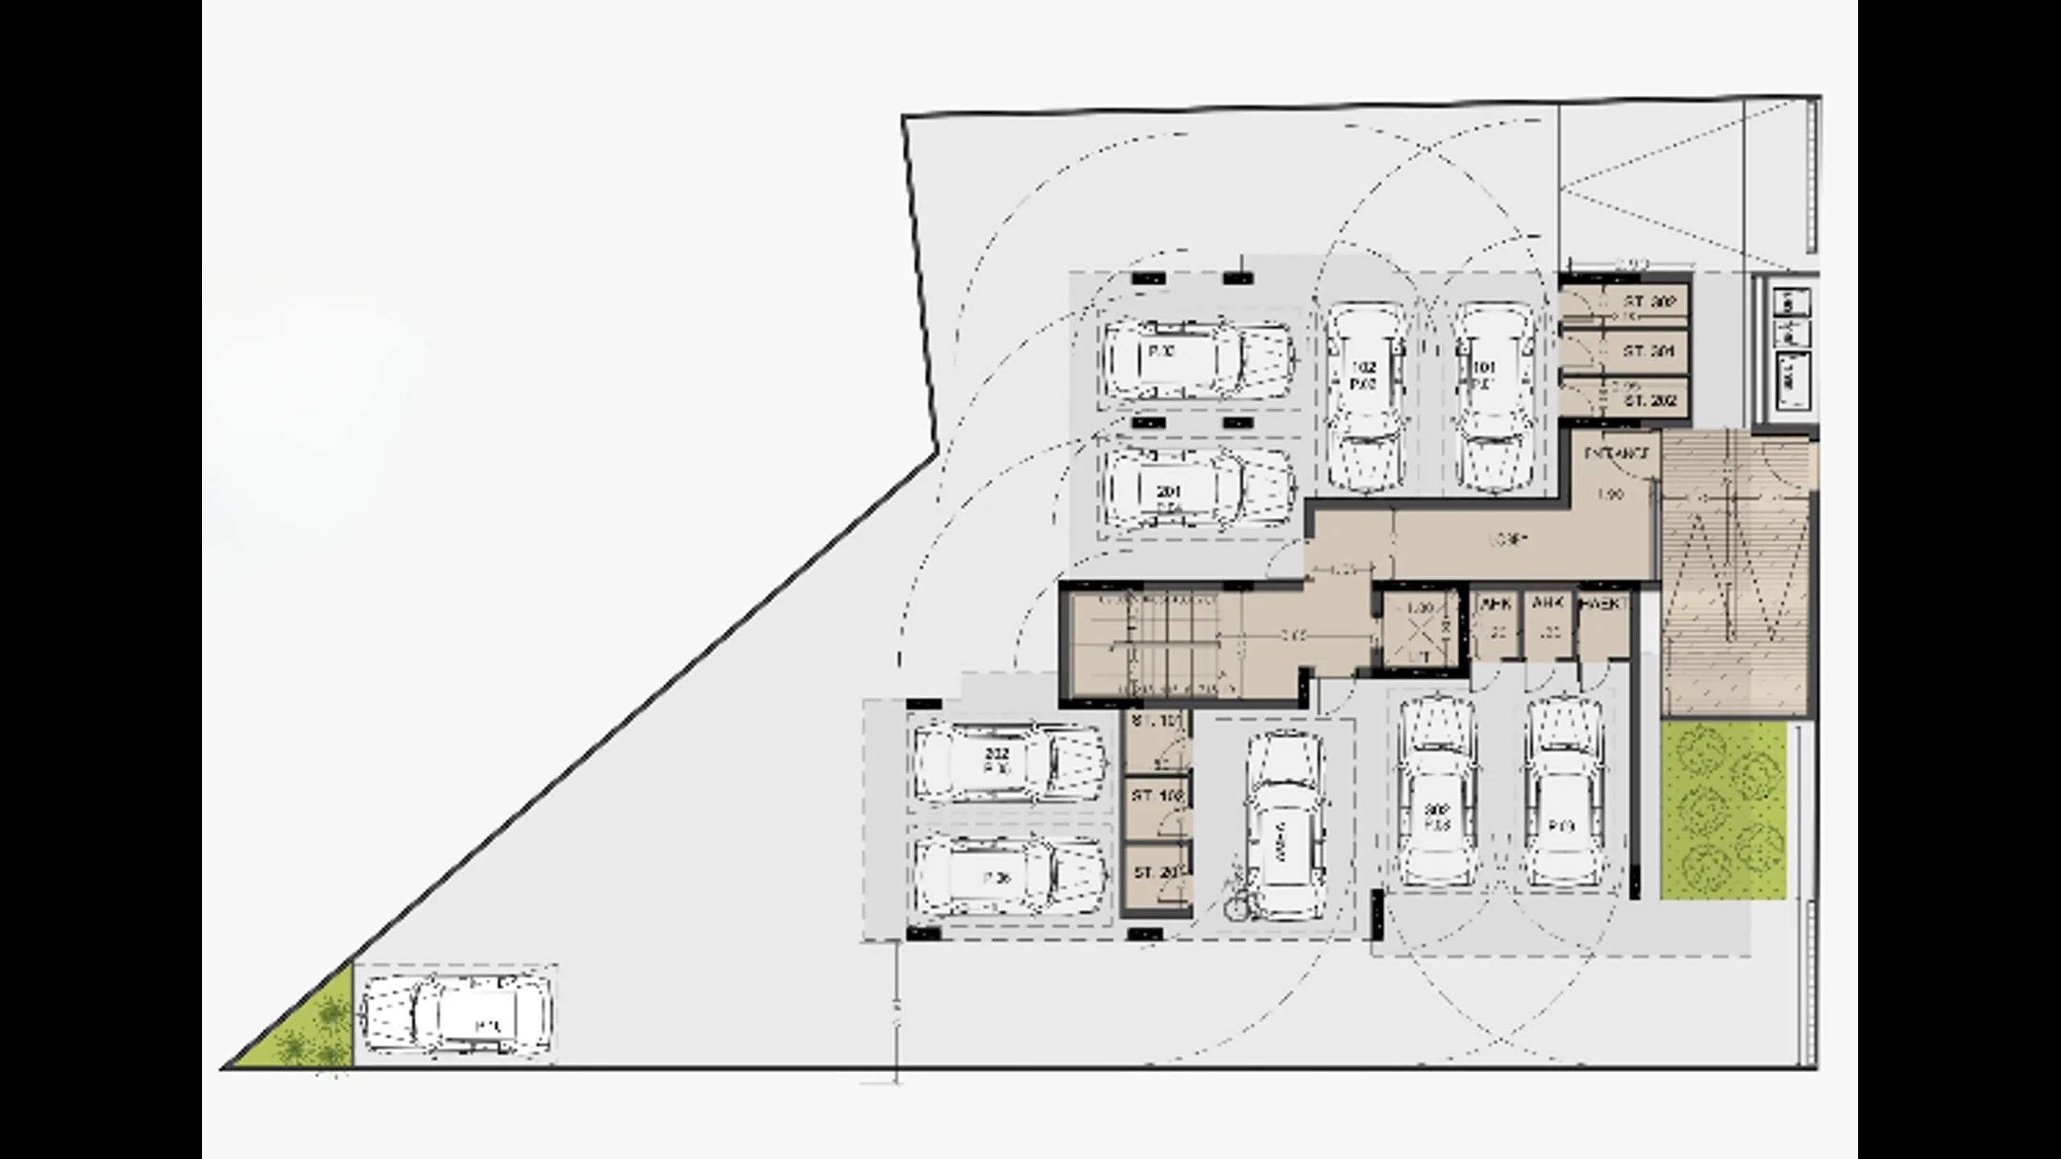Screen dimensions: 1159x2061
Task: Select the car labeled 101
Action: [x=1496, y=396]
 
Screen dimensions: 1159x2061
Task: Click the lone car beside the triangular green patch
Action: [x=456, y=1016]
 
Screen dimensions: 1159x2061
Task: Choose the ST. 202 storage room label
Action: [x=1650, y=400]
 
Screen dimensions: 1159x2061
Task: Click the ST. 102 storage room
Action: [x=1156, y=808]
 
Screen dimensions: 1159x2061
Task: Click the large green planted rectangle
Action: [x=1723, y=810]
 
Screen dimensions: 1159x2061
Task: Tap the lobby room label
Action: [x=1507, y=540]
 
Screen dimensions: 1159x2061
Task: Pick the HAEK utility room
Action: [x=1603, y=629]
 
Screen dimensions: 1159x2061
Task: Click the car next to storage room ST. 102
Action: [x=1283, y=826]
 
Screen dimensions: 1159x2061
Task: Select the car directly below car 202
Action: [x=1010, y=877]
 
